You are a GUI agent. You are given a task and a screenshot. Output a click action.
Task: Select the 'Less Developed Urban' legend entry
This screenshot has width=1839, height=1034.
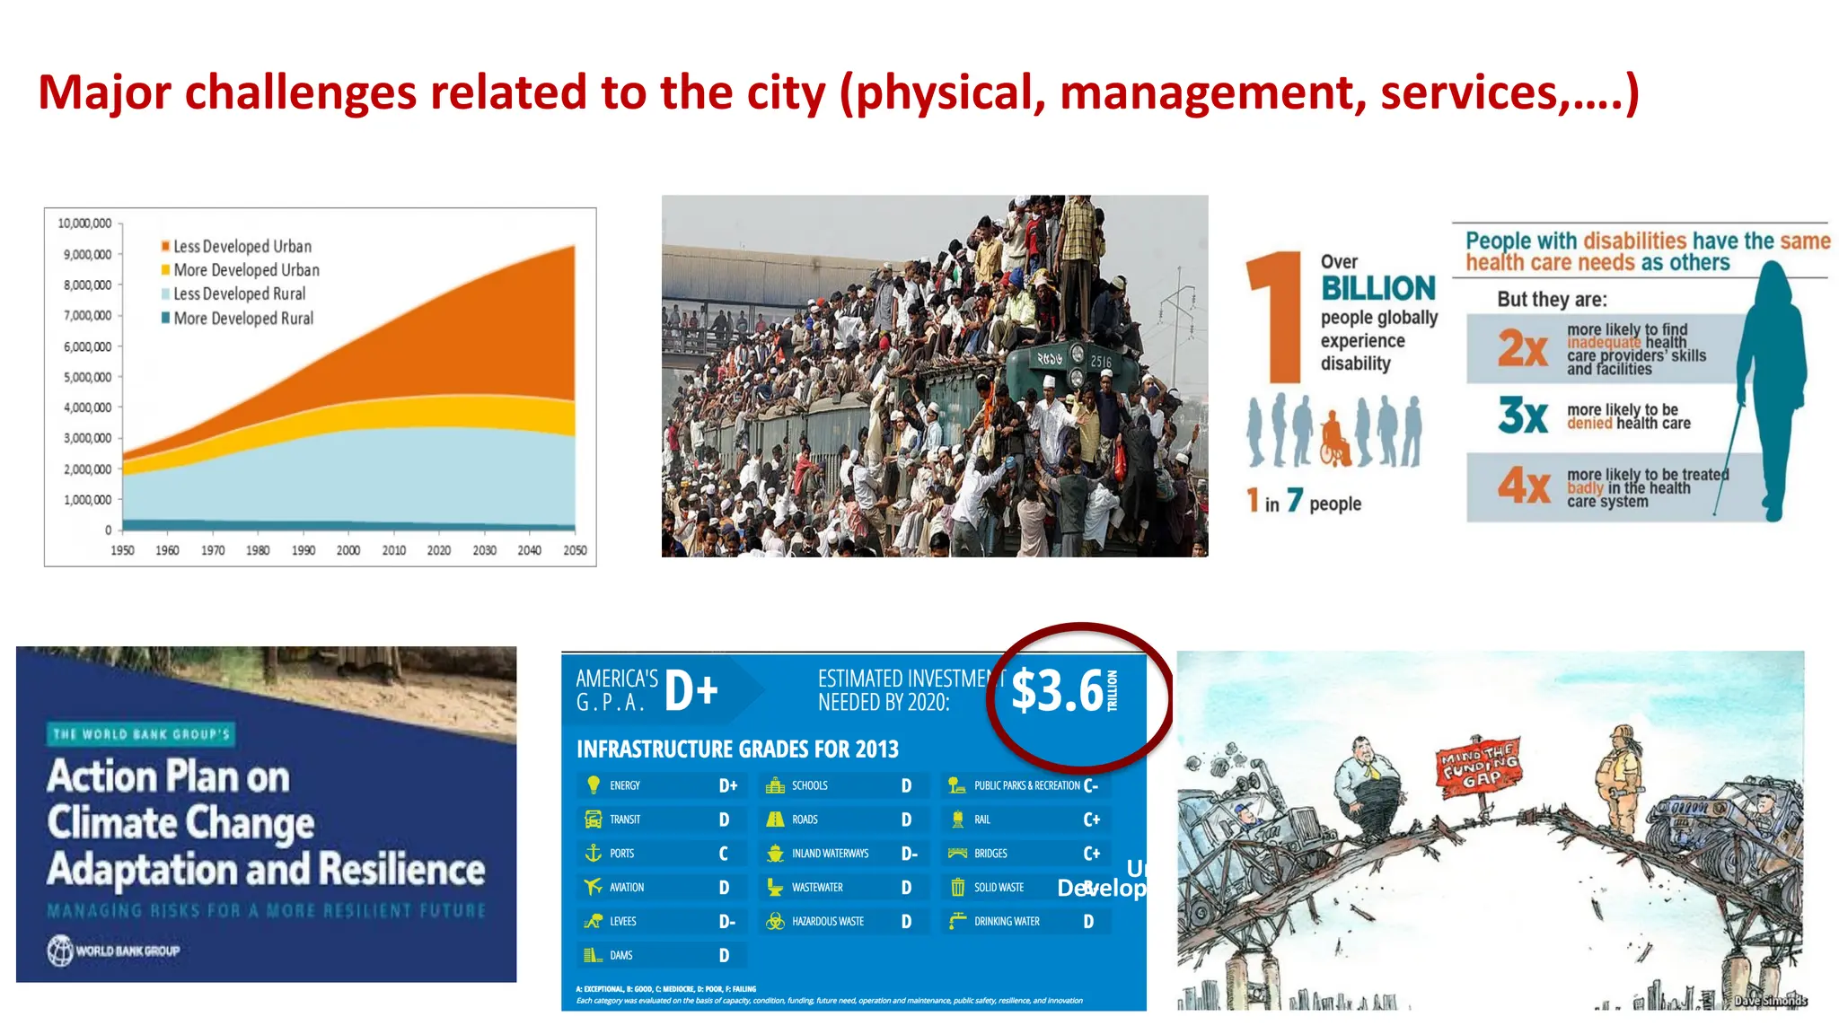[242, 246]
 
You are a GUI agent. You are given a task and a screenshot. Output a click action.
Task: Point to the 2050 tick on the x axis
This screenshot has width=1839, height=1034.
[575, 550]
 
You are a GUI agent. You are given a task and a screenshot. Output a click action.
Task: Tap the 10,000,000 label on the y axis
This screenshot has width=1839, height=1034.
[84, 223]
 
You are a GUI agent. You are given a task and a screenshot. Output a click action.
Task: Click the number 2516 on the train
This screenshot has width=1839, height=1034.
[1100, 362]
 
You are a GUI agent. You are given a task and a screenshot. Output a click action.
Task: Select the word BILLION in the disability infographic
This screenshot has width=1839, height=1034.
[1377, 288]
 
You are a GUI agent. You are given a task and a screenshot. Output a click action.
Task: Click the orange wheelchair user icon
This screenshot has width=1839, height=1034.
[1334, 438]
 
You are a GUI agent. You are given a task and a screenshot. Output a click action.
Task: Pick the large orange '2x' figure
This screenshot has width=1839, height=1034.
[1522, 348]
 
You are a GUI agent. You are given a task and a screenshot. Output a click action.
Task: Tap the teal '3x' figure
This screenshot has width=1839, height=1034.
[1522, 416]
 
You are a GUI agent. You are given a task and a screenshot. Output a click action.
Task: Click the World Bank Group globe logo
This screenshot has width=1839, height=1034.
[60, 951]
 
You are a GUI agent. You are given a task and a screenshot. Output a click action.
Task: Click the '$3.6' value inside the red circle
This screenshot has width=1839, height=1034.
[1057, 691]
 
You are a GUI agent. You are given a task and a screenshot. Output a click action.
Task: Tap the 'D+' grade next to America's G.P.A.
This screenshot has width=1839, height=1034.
[691, 691]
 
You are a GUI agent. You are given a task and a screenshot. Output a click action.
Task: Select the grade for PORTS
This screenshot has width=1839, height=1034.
[724, 854]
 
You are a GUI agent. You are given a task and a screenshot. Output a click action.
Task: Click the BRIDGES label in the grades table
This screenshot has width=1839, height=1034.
[990, 854]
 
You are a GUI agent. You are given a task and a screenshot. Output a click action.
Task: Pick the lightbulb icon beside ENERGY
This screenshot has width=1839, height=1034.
[593, 785]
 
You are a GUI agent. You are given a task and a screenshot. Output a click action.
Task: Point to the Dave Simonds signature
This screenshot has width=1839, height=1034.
[1769, 1000]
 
